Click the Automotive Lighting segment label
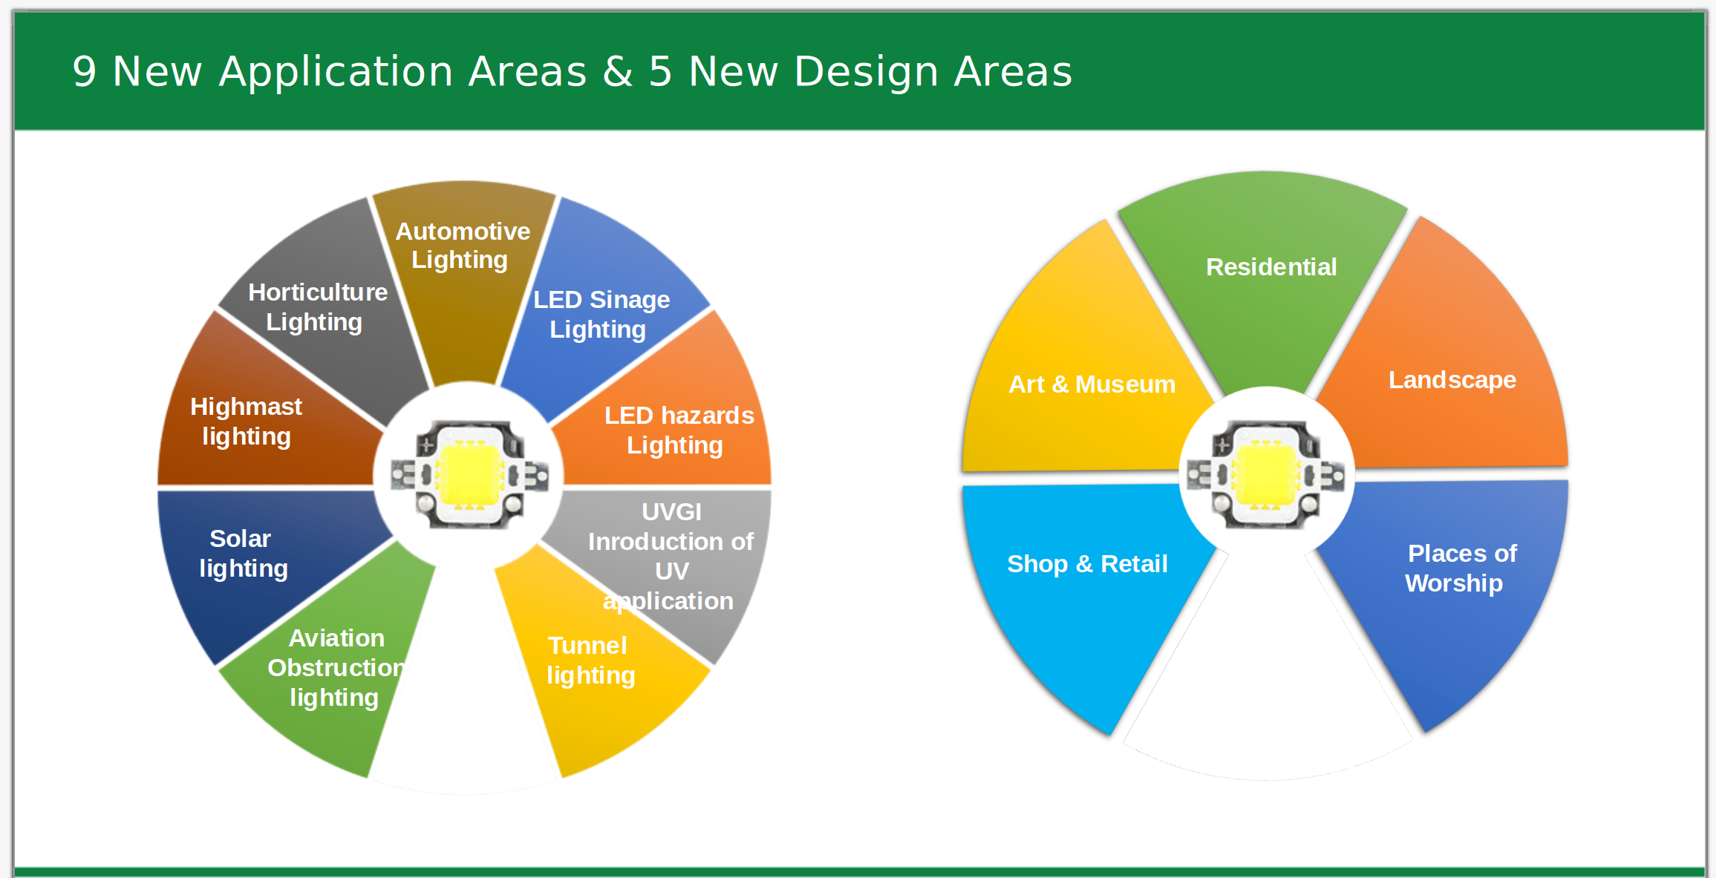[463, 246]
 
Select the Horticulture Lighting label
[318, 307]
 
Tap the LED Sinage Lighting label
[601, 314]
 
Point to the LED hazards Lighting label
[679, 430]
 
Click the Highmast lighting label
[246, 421]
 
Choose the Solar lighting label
[243, 553]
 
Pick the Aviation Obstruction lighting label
[336, 667]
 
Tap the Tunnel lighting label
[590, 660]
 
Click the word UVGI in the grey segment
[671, 511]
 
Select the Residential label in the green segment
[1271, 266]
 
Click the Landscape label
[1452, 380]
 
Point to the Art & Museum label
[1092, 384]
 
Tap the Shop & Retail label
[1087, 564]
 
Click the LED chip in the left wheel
[469, 475]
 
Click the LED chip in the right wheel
[1266, 475]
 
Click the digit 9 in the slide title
[85, 72]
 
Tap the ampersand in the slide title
[618, 72]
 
